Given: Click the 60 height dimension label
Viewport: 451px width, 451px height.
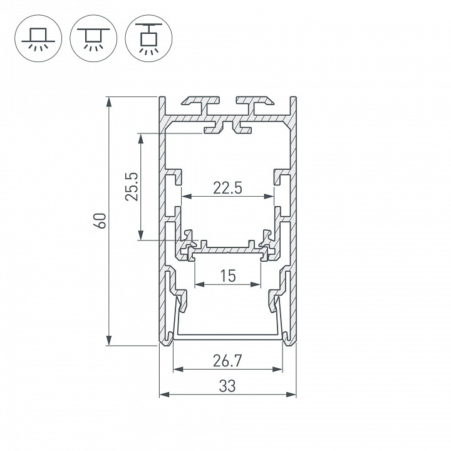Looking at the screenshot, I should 99,220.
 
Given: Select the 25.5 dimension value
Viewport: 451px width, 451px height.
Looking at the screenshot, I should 131,187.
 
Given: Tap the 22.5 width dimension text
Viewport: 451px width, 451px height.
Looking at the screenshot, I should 227,187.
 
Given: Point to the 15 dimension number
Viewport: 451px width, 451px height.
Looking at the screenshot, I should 227,276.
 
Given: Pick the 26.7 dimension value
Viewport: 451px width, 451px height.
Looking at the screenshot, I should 227,361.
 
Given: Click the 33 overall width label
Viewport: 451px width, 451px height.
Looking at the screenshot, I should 227,386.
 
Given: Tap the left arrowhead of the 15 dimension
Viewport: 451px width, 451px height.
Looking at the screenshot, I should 199,284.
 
